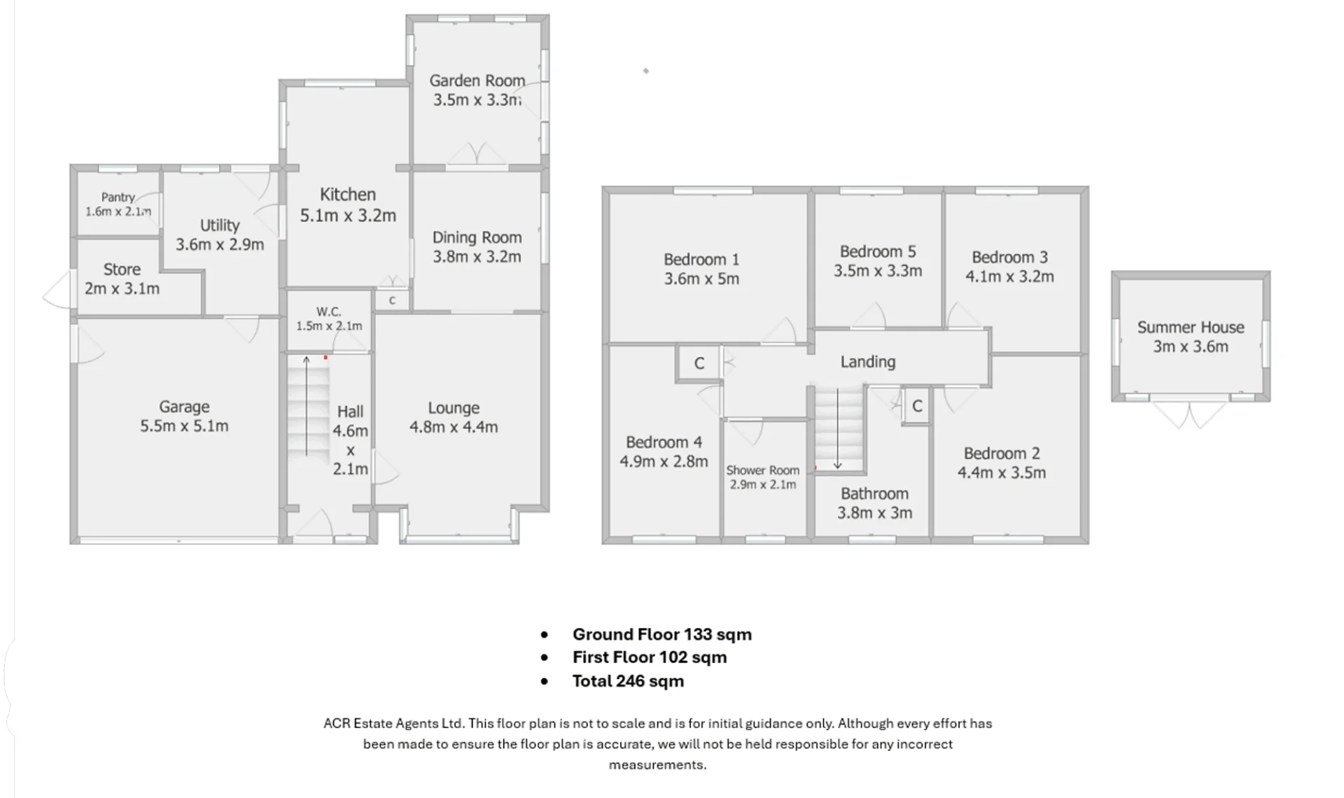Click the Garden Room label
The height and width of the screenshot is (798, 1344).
(x=477, y=80)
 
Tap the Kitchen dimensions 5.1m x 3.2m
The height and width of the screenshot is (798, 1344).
(x=348, y=216)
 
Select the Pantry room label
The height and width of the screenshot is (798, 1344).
(x=118, y=197)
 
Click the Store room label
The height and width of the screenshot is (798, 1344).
(x=122, y=269)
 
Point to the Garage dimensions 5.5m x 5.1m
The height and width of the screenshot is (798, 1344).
(x=184, y=426)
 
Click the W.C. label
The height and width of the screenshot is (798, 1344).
(x=328, y=311)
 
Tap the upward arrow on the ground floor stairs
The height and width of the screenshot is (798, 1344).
(x=306, y=406)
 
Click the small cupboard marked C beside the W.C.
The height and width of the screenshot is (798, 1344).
(x=392, y=300)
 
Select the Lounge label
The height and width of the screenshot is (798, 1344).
(x=454, y=407)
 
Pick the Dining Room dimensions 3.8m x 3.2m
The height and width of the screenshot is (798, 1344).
(x=477, y=257)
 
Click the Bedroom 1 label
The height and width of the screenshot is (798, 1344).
(x=701, y=260)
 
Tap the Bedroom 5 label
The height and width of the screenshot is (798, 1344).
(x=878, y=251)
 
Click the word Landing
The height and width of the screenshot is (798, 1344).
(x=868, y=362)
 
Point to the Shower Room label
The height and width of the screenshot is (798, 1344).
(x=762, y=470)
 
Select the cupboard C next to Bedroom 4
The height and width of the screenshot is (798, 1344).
(x=699, y=363)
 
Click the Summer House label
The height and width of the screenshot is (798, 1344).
(x=1191, y=327)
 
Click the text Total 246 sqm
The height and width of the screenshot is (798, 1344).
(x=628, y=681)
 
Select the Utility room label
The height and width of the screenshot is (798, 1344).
(x=220, y=225)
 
